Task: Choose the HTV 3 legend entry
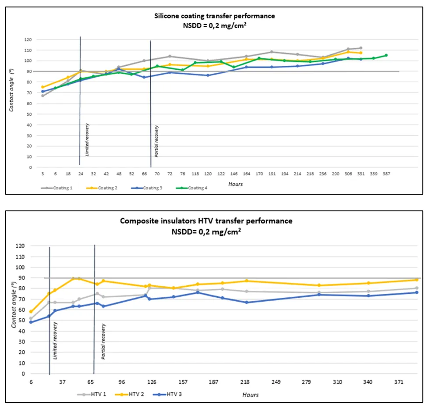click(x=174, y=394)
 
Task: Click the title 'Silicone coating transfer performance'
click(x=214, y=16)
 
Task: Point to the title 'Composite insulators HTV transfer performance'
click(x=206, y=221)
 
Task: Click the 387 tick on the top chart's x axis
click(x=386, y=174)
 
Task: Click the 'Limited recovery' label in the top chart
click(x=87, y=140)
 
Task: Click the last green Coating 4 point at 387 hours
click(x=386, y=55)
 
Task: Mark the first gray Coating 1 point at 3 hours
click(x=42, y=96)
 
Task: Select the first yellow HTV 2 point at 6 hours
click(x=31, y=311)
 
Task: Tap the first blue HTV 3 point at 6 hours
click(x=31, y=322)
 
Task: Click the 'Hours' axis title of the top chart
click(x=236, y=184)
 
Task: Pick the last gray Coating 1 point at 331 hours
click(x=361, y=48)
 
